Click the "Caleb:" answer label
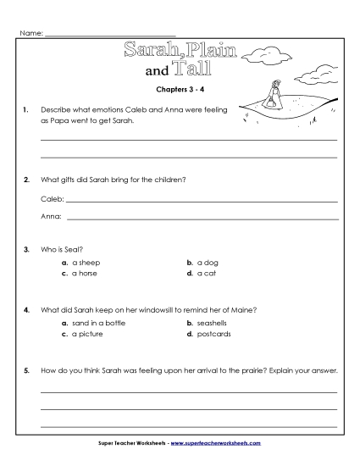click(x=52, y=200)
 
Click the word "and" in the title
click(x=158, y=72)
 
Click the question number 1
click(x=28, y=111)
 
